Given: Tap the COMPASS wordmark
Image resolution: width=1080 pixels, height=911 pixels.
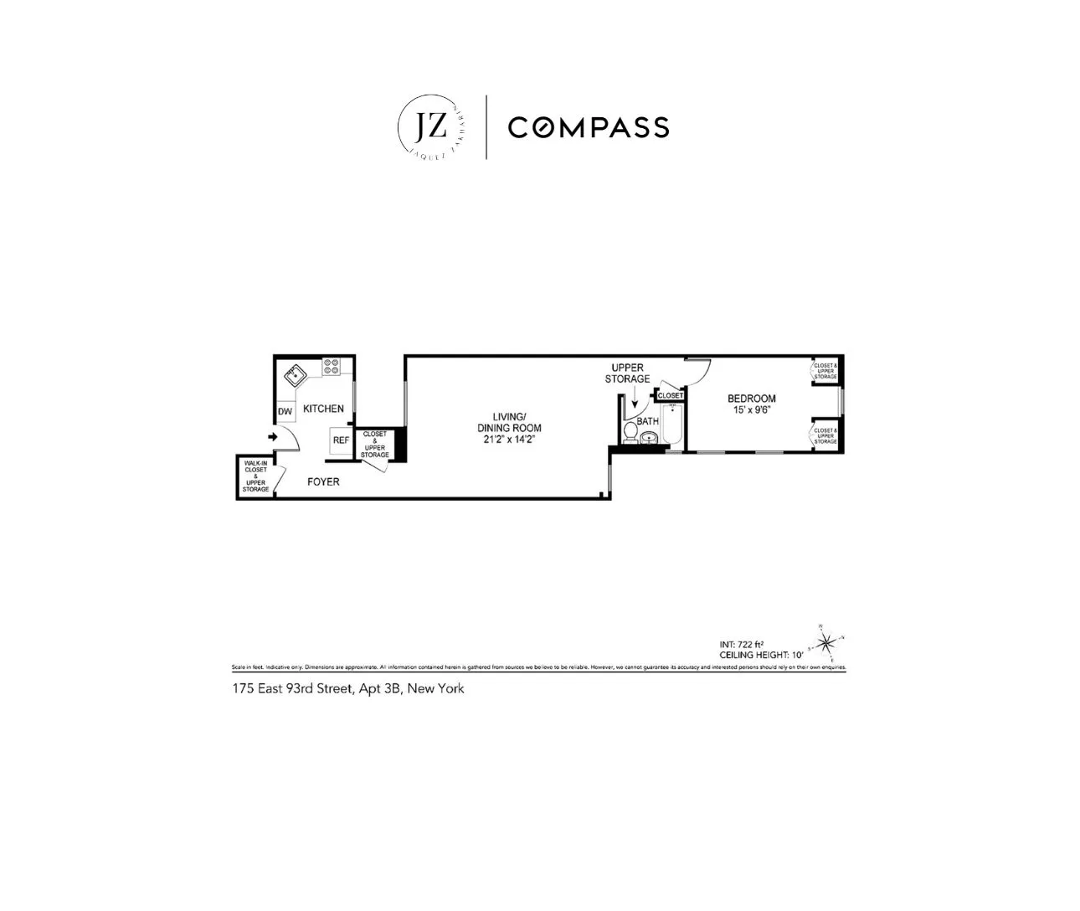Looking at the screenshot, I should (x=589, y=127).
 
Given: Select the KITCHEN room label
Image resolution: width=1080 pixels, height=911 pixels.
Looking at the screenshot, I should (x=323, y=409).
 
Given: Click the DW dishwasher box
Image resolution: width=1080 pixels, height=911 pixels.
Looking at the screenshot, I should (x=285, y=411).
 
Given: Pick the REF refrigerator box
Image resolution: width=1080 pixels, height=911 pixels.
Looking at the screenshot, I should (x=341, y=440).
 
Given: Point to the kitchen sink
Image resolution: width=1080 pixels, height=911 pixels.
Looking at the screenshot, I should (x=295, y=375).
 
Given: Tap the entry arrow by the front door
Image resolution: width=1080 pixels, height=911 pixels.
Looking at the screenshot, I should (x=272, y=437).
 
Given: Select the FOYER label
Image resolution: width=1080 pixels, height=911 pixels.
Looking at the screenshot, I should (x=323, y=481).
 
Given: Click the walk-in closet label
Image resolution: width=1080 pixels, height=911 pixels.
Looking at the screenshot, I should (x=255, y=476).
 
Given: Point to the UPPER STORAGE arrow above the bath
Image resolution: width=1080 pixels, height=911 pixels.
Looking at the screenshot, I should (x=635, y=404).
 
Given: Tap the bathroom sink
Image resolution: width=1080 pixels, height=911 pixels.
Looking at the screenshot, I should (x=648, y=438).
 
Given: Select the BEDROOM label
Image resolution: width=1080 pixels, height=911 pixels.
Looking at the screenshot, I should (x=751, y=399).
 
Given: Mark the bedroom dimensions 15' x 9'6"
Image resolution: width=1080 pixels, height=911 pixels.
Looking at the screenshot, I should (x=751, y=410).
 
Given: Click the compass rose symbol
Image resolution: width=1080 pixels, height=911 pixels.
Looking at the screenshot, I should (x=825, y=642).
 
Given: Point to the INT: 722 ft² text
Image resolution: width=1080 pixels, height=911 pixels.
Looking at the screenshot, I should (x=742, y=644).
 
